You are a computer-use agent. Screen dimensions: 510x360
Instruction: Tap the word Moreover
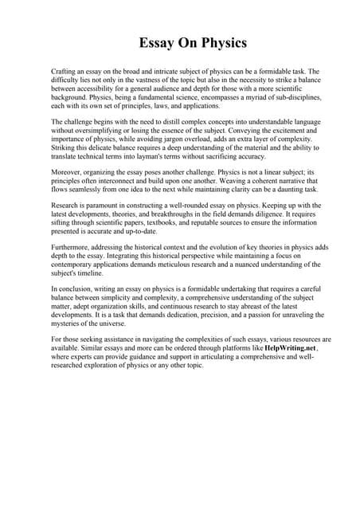click(68, 171)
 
